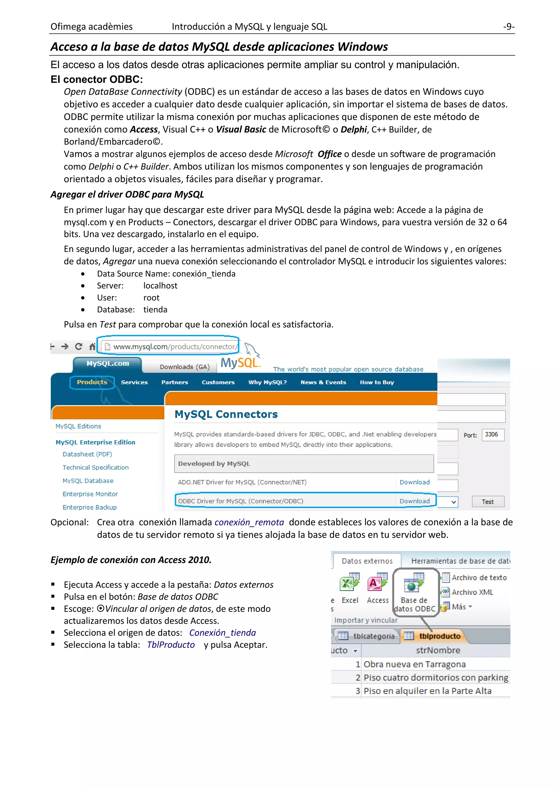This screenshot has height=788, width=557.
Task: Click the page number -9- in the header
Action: tap(508, 26)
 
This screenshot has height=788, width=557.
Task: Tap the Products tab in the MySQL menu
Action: tap(92, 382)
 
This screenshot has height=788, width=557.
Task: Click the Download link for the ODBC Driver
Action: tap(414, 501)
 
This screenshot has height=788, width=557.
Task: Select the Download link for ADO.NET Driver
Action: tap(414, 482)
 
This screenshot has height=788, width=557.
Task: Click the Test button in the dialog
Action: tap(488, 502)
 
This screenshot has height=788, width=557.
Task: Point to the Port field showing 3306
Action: tap(493, 435)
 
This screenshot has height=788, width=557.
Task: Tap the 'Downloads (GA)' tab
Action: tap(184, 367)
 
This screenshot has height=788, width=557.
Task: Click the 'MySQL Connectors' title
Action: tap(226, 414)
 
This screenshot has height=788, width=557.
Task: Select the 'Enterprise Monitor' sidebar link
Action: tap(90, 494)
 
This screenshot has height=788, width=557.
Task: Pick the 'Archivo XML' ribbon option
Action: tap(472, 592)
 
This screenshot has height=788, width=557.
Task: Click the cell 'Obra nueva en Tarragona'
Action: tap(414, 664)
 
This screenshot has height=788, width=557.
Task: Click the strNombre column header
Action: tap(438, 650)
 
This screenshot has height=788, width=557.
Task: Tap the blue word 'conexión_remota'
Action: tap(249, 522)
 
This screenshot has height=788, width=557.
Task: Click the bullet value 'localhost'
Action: tap(160, 285)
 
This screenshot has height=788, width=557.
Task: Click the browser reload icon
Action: tap(79, 347)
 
